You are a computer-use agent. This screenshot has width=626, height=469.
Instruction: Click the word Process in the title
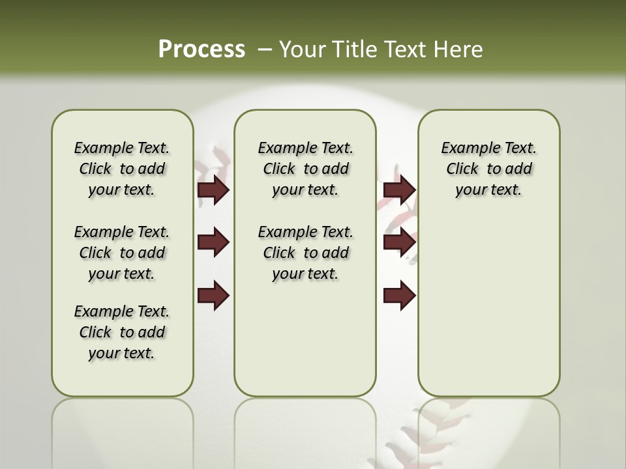[x=201, y=49]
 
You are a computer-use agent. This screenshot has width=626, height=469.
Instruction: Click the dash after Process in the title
[x=264, y=50]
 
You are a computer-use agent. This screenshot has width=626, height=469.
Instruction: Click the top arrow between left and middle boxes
[x=213, y=190]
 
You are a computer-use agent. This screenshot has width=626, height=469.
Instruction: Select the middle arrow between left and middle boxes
[x=213, y=242]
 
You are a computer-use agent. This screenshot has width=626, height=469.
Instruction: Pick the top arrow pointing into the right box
[x=399, y=190]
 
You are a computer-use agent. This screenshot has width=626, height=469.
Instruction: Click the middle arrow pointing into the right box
[x=399, y=242]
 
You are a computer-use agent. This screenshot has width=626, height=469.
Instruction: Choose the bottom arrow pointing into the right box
[x=399, y=295]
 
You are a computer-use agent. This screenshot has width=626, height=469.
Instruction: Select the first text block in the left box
[x=122, y=169]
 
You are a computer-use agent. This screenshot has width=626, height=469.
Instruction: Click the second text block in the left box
[x=122, y=253]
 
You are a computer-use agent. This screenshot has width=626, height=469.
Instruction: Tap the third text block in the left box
[x=122, y=332]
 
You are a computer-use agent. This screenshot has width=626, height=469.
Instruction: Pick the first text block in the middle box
[x=305, y=169]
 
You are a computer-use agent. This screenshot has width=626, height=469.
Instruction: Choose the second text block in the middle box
[x=305, y=253]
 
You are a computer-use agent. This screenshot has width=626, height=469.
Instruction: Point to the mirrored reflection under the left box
[x=123, y=430]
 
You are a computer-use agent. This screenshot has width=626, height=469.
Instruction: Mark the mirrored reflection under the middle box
[x=305, y=430]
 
